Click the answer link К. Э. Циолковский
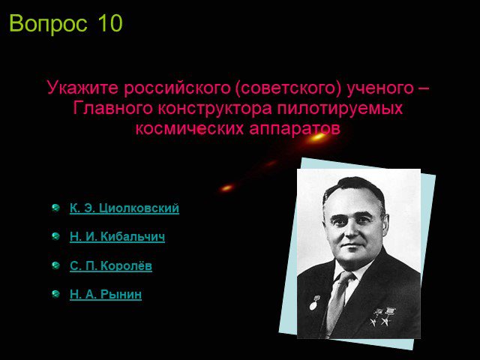pos(124,208)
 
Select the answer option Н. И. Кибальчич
pos(117,236)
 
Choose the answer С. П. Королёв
pos(111,265)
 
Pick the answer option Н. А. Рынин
pos(106,294)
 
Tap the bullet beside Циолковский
pos(55,208)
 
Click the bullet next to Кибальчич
pos(55,236)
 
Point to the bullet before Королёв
pos(55,265)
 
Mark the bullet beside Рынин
pos(55,294)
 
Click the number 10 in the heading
pos(110,23)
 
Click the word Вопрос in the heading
pos(48,24)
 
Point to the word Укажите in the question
pos(82,88)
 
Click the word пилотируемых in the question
pos(340,109)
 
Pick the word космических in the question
pos(190,128)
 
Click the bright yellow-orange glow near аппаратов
pos(316,136)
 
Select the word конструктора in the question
pos(215,109)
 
